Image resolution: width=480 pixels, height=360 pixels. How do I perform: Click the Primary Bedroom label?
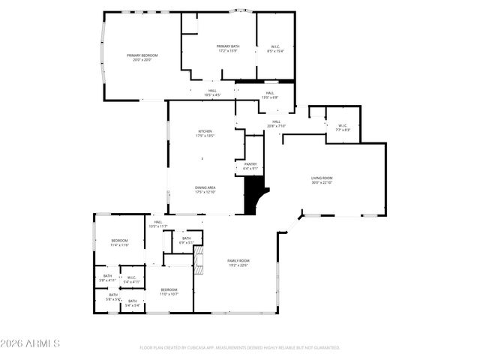[142, 57]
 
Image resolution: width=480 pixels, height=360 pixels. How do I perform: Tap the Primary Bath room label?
[227, 49]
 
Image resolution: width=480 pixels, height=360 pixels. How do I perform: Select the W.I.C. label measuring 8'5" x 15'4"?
[274, 49]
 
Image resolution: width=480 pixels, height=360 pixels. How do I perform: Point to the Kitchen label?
[205, 133]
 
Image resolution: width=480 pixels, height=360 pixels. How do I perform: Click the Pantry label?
[250, 166]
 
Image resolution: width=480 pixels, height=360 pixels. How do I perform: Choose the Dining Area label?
[205, 190]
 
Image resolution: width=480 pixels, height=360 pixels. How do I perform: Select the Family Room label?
[238, 262]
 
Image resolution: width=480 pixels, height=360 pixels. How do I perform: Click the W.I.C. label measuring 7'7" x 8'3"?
[343, 127]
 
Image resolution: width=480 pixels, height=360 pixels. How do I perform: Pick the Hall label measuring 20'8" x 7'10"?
[276, 124]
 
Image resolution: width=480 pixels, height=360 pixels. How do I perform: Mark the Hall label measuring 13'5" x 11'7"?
[158, 223]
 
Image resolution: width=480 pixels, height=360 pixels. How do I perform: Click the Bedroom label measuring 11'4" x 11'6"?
[120, 242]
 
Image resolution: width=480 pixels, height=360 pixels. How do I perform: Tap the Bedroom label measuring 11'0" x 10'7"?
[169, 291]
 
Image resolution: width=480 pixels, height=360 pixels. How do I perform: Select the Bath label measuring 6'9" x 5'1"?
[186, 240]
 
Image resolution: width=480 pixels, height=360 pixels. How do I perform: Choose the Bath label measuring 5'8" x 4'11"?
[107, 278]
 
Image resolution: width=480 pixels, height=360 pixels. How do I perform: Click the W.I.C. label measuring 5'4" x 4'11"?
[131, 280]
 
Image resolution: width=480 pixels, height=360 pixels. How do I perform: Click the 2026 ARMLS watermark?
[30, 343]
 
